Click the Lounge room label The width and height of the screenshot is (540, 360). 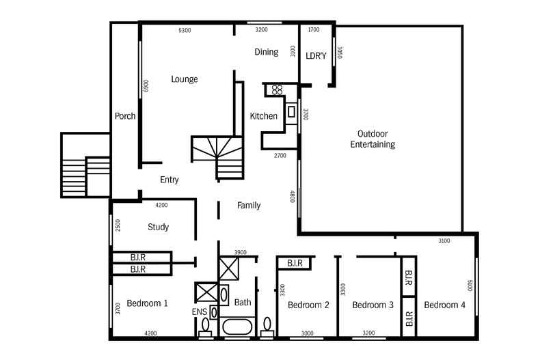[185, 79]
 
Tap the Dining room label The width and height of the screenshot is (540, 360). [266, 52]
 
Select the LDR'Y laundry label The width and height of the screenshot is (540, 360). [316, 55]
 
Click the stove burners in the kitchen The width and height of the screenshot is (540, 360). [278, 89]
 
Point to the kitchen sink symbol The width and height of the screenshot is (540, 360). [291, 111]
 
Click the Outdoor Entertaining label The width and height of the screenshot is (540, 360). [373, 139]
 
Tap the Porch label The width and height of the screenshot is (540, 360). [125, 116]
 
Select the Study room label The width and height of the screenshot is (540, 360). [158, 227]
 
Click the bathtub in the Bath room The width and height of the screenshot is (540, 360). [237, 327]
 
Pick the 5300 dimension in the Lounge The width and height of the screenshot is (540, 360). [185, 30]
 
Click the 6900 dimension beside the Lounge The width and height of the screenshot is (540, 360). [146, 85]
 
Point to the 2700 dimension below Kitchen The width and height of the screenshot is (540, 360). [280, 156]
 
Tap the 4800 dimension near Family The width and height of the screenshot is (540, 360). [293, 196]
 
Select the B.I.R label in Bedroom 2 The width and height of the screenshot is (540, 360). [295, 263]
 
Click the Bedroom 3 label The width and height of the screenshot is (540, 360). [373, 305]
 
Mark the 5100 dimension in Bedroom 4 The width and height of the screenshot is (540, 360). [470, 286]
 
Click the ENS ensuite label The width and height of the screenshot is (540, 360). [200, 311]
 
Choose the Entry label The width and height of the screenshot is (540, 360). [169, 180]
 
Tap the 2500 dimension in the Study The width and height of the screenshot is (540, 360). [118, 225]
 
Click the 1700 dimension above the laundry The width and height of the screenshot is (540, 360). [313, 29]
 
